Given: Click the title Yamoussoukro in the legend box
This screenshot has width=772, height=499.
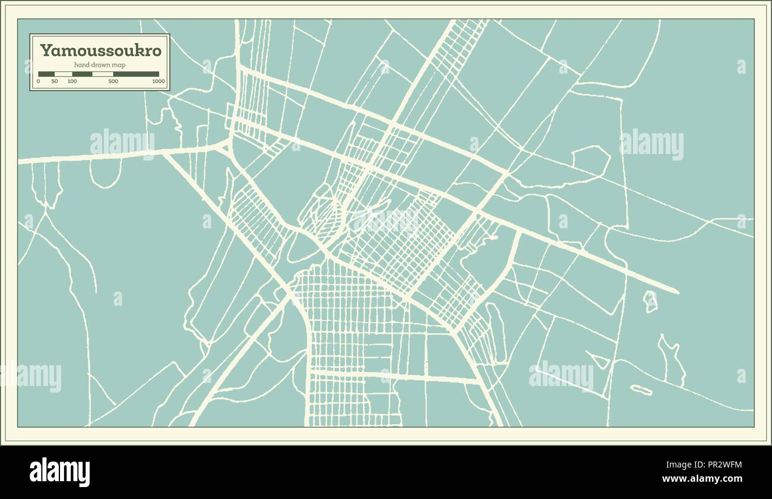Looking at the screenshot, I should pyautogui.click(x=100, y=51).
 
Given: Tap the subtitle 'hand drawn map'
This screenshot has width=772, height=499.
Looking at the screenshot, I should pyautogui.click(x=100, y=64).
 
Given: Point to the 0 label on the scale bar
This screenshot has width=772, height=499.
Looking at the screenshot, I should pyautogui.click(x=39, y=81).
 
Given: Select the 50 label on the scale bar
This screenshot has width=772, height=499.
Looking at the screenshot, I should pyautogui.click(x=55, y=81).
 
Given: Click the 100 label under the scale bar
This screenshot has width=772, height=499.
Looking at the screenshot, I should pyautogui.click(x=72, y=81).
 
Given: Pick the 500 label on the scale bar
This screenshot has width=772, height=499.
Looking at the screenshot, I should pyautogui.click(x=113, y=81).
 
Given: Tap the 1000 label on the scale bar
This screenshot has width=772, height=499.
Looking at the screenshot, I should pyautogui.click(x=158, y=81).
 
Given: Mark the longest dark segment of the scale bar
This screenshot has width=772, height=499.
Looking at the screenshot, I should pyautogui.click(x=136, y=74).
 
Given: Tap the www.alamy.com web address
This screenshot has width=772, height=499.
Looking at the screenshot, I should pyautogui.click(x=702, y=479).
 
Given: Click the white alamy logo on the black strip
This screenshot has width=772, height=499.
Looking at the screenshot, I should pyautogui.click(x=59, y=472).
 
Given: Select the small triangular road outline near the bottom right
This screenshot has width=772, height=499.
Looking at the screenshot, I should pyautogui.click(x=599, y=360).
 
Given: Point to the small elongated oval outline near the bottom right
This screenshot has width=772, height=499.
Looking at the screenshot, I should pyautogui.click(x=641, y=390).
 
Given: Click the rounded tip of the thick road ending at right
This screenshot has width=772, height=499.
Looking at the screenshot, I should pyautogui.click(x=676, y=291).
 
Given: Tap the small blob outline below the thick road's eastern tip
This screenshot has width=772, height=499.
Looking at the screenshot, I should pyautogui.click(x=651, y=301).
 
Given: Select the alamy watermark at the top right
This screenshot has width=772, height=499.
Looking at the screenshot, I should pyautogui.click(x=651, y=145).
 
